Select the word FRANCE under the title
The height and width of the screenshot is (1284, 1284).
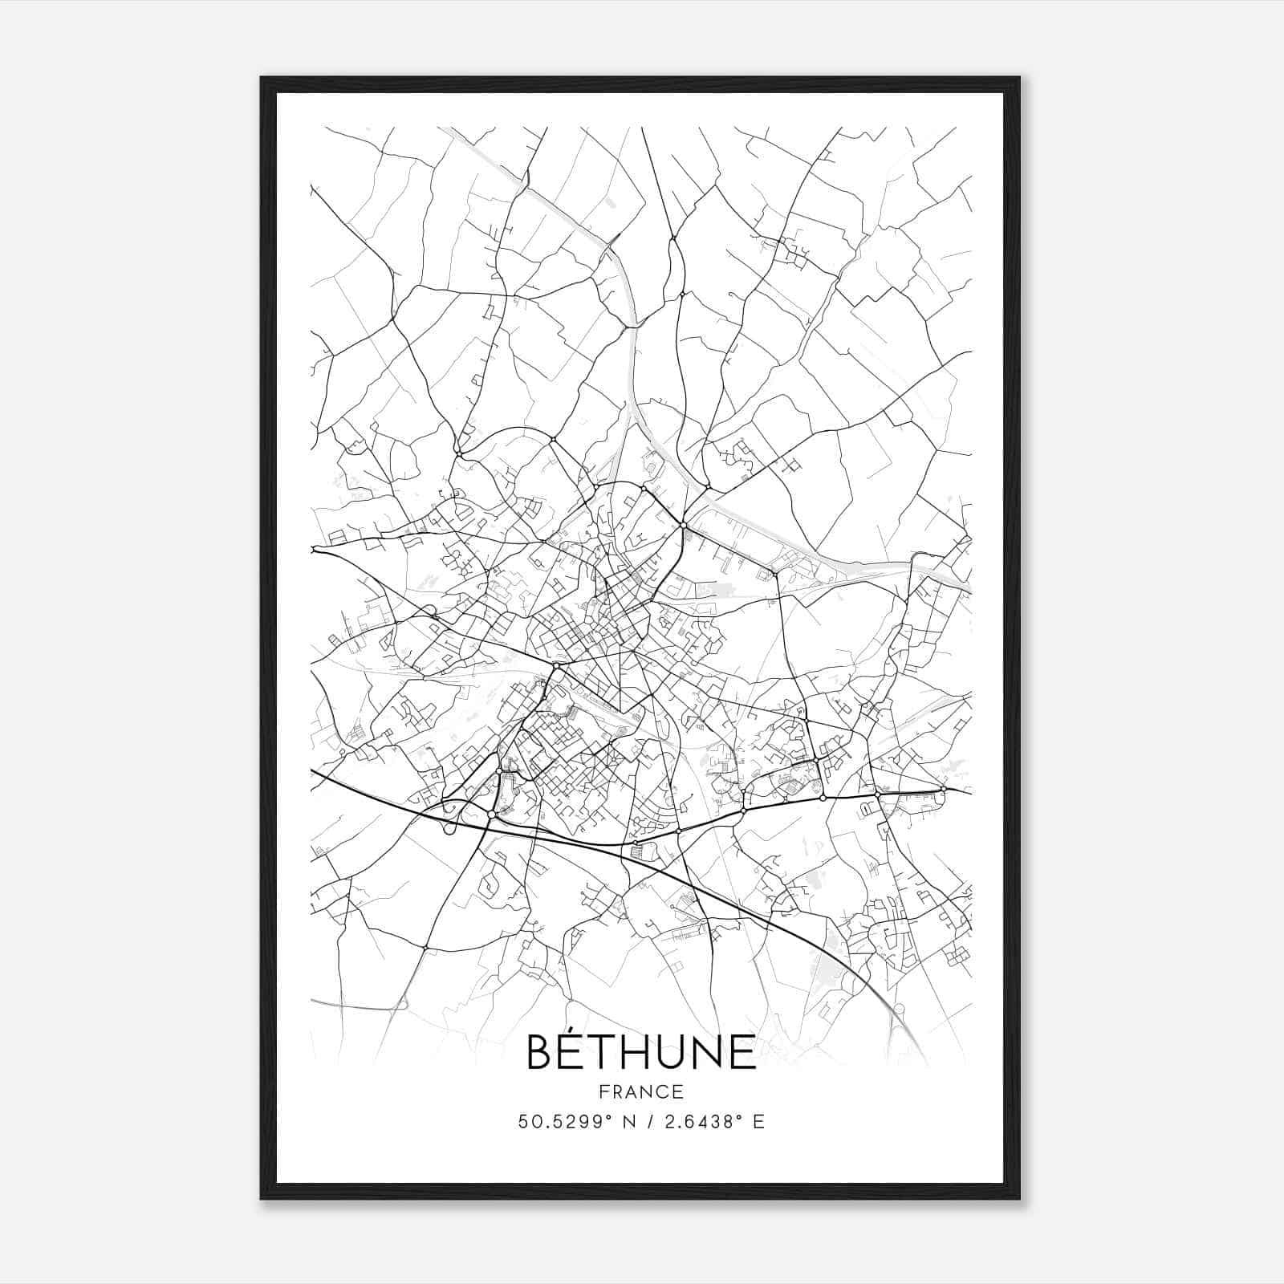(x=640, y=1091)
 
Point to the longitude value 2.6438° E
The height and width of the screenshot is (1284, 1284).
(x=709, y=1122)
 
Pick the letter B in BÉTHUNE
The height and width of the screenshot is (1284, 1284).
(x=541, y=1052)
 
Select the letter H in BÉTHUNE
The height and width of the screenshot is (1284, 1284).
(x=640, y=1052)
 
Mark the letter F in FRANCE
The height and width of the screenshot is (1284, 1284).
(x=603, y=1091)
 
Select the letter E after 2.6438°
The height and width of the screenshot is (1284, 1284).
(x=758, y=1122)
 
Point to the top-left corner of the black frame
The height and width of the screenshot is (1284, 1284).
(x=261, y=77)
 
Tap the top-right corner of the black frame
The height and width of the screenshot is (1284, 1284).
(x=1019, y=77)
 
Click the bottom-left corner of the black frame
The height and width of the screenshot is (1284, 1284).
(x=261, y=1199)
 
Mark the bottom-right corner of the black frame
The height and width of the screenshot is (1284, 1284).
(x=1019, y=1199)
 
